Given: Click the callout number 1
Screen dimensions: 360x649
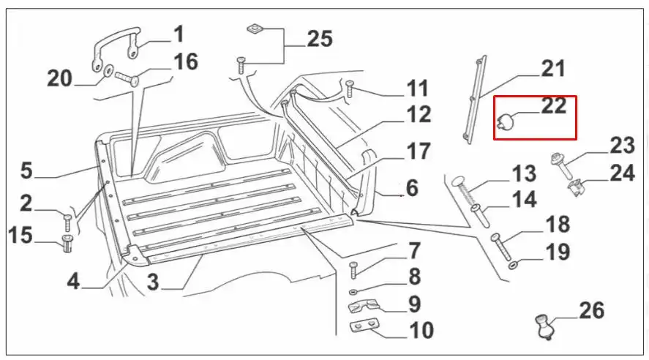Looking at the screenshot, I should pos(179,34).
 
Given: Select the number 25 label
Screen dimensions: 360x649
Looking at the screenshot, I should pos(320,38).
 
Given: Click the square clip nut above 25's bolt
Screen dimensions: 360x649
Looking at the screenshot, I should pos(254,29).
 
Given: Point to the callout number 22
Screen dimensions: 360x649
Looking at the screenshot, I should pos(554,106).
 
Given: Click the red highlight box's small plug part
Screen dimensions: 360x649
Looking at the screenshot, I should pos(504,121).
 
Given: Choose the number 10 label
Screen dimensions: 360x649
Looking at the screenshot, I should pos(421,330).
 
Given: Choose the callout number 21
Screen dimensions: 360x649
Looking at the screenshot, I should pos(553,70).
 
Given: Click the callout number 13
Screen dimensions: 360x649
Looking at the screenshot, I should pos(524,175).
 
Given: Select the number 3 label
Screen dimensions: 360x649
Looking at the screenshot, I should pos(152,282).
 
